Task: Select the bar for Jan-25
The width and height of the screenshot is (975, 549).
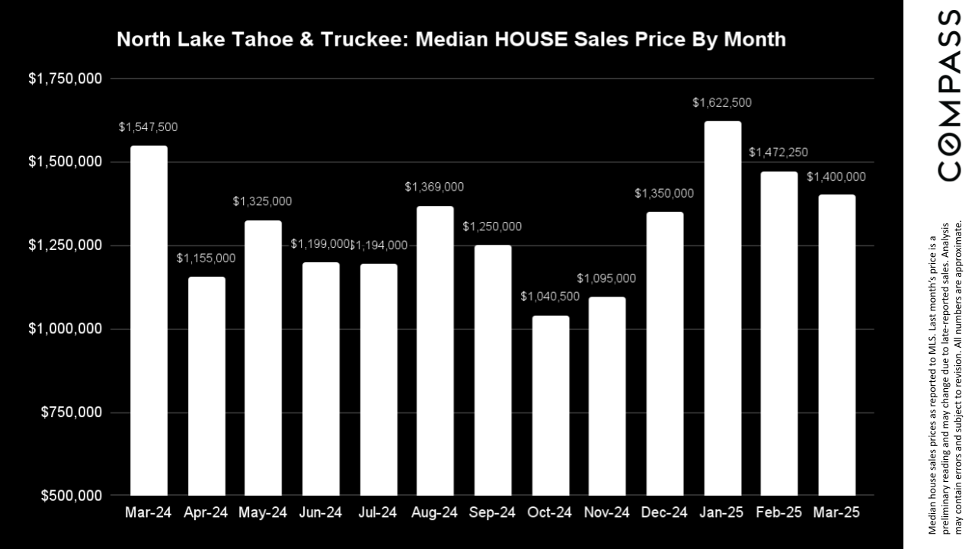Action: tap(722, 308)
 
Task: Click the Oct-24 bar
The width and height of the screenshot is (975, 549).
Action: tap(550, 406)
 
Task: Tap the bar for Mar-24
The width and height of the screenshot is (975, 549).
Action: tap(149, 320)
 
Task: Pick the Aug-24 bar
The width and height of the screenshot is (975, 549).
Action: tap(435, 351)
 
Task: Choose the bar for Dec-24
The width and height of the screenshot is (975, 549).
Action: tap(665, 354)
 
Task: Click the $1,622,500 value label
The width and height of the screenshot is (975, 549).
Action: tap(722, 103)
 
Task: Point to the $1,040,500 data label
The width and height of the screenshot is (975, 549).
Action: tap(550, 297)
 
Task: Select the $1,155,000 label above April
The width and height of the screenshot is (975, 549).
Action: tap(206, 258)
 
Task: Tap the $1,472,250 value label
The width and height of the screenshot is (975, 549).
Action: tap(778, 152)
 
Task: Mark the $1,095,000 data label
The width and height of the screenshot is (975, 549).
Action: tap(606, 278)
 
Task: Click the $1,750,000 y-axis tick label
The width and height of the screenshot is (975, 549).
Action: tap(65, 79)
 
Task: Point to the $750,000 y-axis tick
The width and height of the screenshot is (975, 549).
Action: tap(70, 413)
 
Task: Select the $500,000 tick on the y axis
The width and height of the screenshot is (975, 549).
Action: tap(70, 496)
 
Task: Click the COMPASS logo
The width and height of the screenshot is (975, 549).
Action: tap(949, 95)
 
